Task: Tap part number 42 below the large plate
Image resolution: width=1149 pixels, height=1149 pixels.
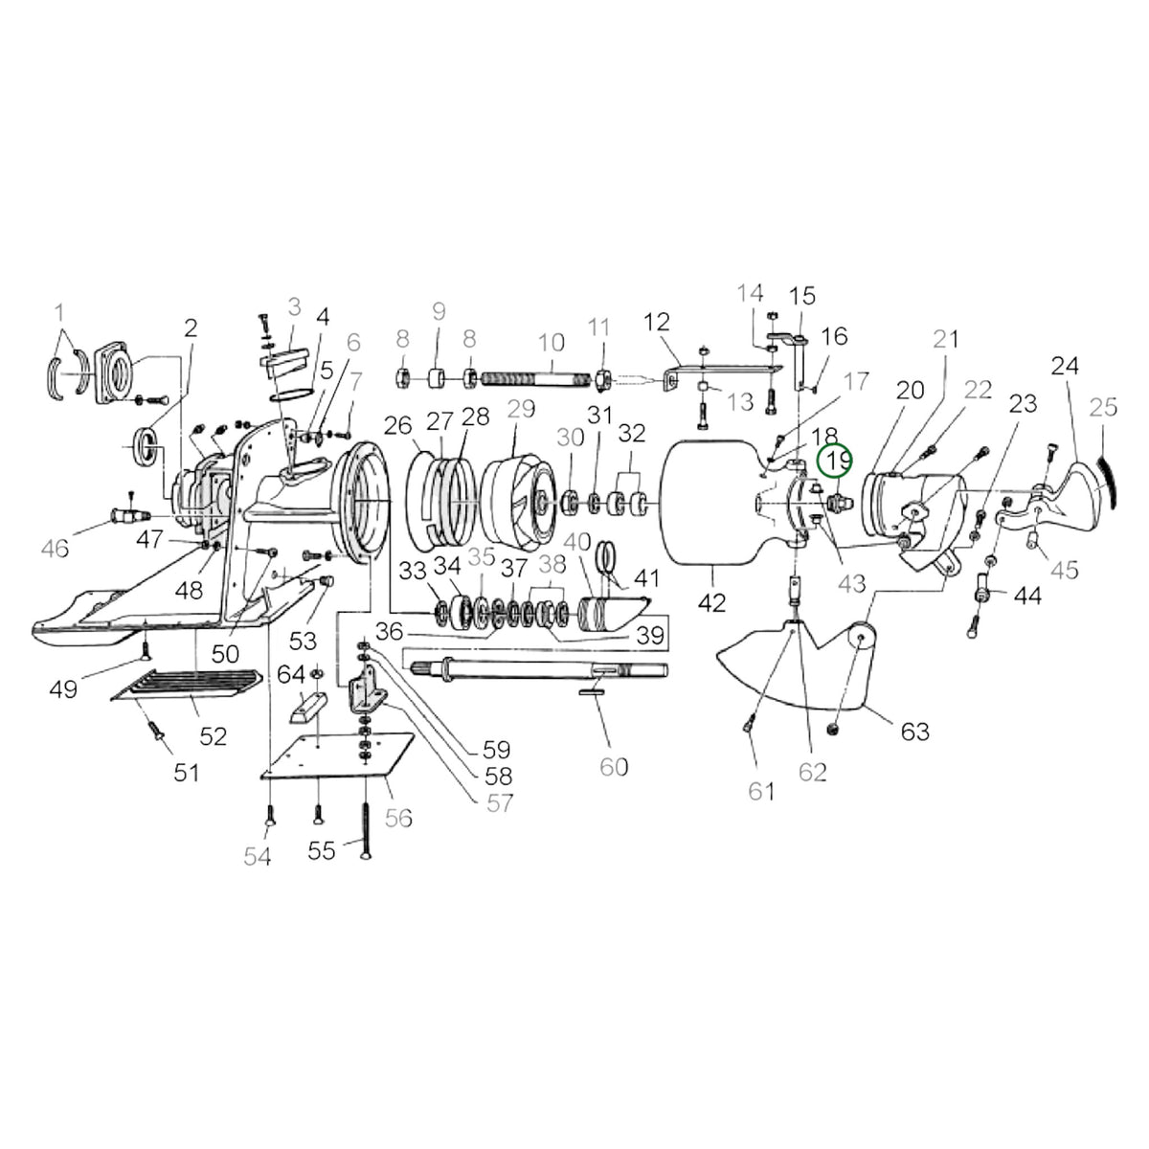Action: click(712, 603)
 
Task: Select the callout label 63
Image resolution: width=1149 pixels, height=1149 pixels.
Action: click(914, 731)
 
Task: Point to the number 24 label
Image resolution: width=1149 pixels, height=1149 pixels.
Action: click(1065, 366)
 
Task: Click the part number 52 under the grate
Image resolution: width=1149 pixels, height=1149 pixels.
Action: click(213, 737)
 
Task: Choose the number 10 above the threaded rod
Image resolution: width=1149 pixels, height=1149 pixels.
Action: click(551, 343)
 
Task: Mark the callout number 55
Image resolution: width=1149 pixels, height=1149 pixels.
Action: click(322, 851)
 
